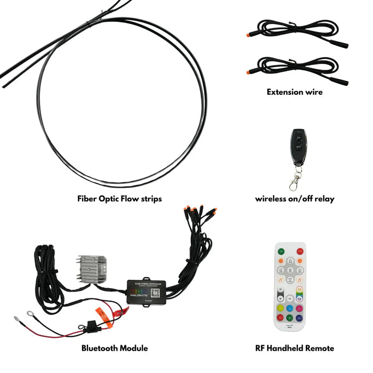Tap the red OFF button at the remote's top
click(x=301, y=251)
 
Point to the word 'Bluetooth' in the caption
click(x=101, y=348)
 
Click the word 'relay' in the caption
click(x=323, y=199)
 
